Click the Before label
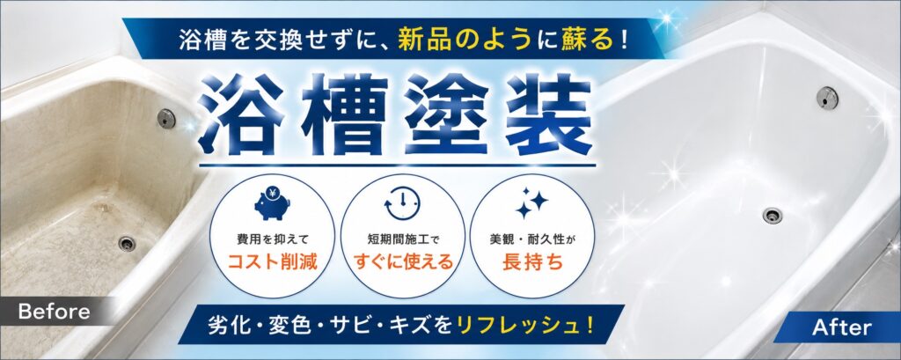coord(54,312)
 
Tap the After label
coord(841,327)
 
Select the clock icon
coord(402,205)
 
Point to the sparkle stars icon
coord(532,203)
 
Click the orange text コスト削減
coord(272,262)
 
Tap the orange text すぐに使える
coord(402,262)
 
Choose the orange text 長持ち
coord(532,262)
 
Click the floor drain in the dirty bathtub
coord(127,243)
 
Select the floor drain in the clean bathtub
coord(773,216)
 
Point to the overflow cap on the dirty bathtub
coord(166,118)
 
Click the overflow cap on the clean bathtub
coord(827,97)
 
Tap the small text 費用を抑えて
coord(272,238)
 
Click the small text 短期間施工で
coord(402,238)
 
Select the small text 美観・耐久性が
coord(532,238)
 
